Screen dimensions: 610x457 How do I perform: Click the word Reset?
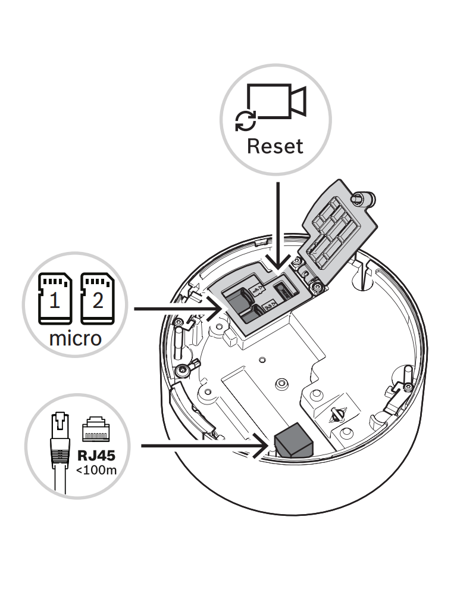click(x=275, y=146)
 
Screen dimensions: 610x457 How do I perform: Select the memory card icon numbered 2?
click(x=96, y=298)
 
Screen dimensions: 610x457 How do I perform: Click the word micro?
click(x=75, y=339)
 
